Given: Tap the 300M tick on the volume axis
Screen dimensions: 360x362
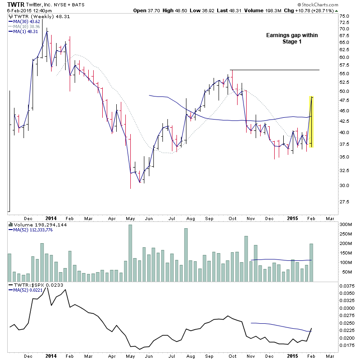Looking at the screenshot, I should pyautogui.click(x=347, y=225).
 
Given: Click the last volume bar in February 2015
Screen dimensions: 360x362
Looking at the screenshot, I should pyautogui.click(x=311, y=262).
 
